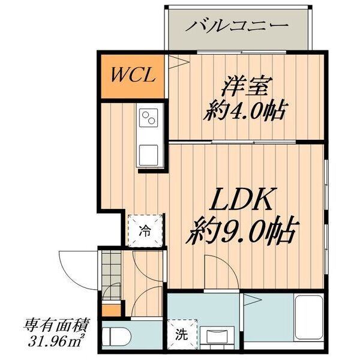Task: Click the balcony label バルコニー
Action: [x=236, y=26]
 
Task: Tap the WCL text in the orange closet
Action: [x=134, y=76]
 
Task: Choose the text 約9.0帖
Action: [x=243, y=229]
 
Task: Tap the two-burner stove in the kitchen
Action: [x=149, y=118]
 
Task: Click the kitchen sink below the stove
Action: [x=149, y=153]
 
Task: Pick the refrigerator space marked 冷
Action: [x=145, y=229]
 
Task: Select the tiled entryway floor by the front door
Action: [x=110, y=270]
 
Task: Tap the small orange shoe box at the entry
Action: [x=109, y=310]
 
